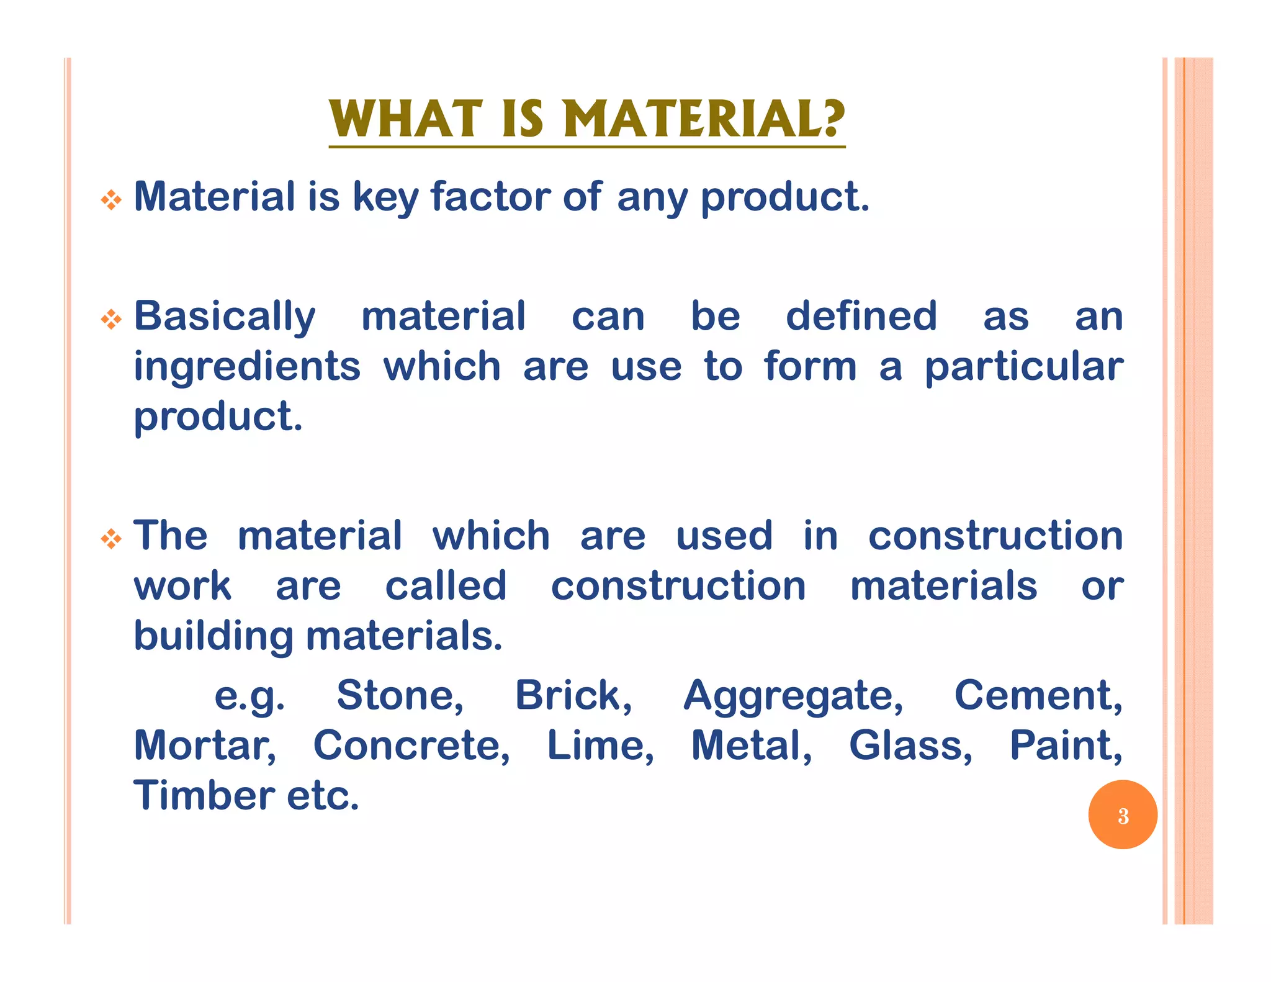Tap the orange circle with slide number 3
(1123, 815)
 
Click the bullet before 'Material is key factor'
(111, 200)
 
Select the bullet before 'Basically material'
(111, 320)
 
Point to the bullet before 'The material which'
(111, 539)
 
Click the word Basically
(225, 317)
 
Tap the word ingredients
(247, 366)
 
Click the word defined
(861, 316)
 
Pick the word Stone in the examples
(400, 695)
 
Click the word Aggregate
(793, 696)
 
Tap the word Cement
(1038, 695)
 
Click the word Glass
(910, 746)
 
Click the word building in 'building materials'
(213, 637)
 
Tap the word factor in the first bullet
(490, 197)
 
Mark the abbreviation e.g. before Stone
(249, 696)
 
